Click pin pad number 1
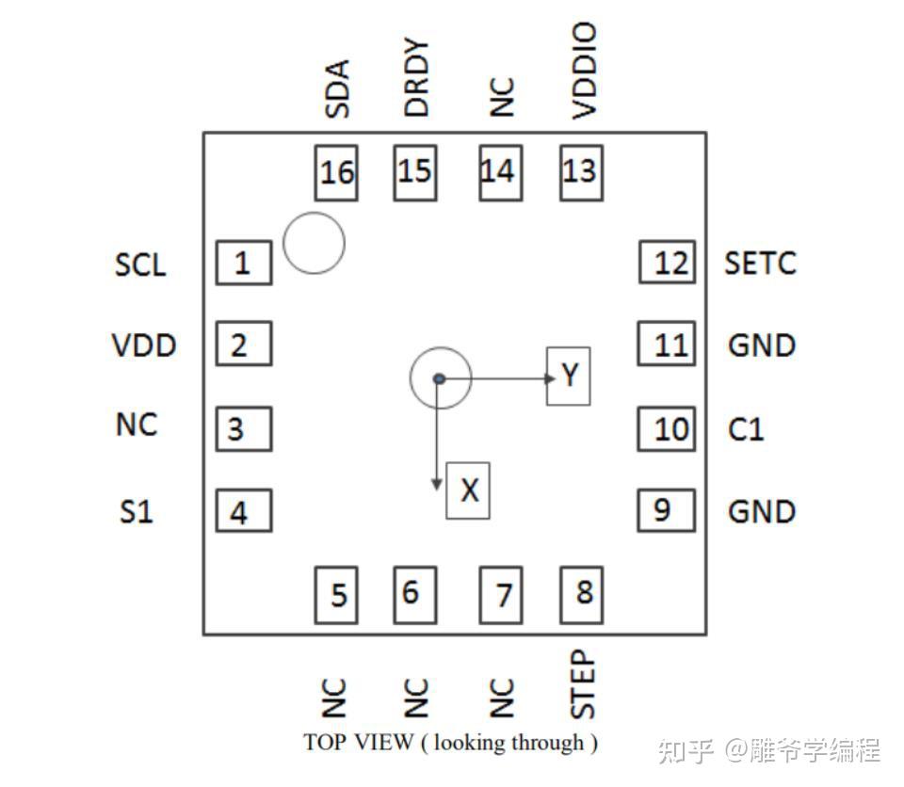(244, 263)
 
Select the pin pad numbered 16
(336, 171)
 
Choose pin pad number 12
(668, 262)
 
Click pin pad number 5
(336, 594)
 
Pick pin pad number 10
(668, 428)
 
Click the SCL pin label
(140, 265)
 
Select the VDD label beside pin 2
(144, 345)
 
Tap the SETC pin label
(760, 263)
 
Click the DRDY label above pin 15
(416, 78)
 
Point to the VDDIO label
(585, 72)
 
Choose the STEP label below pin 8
(584, 683)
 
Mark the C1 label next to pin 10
(746, 429)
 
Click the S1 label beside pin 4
(136, 512)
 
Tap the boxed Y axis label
(569, 376)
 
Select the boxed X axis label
(468, 490)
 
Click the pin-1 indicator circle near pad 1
(314, 243)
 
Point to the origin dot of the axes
(439, 378)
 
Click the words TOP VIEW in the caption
(358, 742)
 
